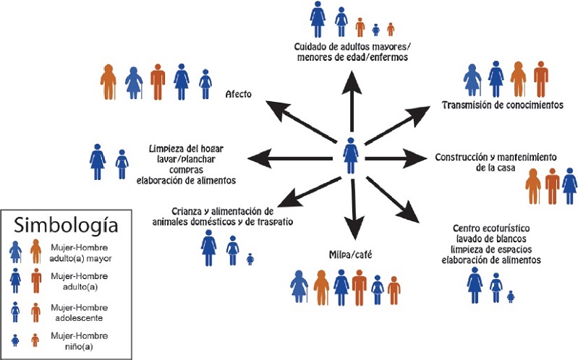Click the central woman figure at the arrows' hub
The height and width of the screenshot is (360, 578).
pos(351,154)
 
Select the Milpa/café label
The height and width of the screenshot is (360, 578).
pos(349,254)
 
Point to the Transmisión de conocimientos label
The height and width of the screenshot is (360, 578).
pos(502,106)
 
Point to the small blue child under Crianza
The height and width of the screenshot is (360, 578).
pos(250,258)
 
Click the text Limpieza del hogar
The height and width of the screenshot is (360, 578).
pos(185,149)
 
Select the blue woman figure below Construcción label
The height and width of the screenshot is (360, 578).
pos(570,187)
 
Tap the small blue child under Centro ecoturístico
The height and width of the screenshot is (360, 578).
pos(511,295)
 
